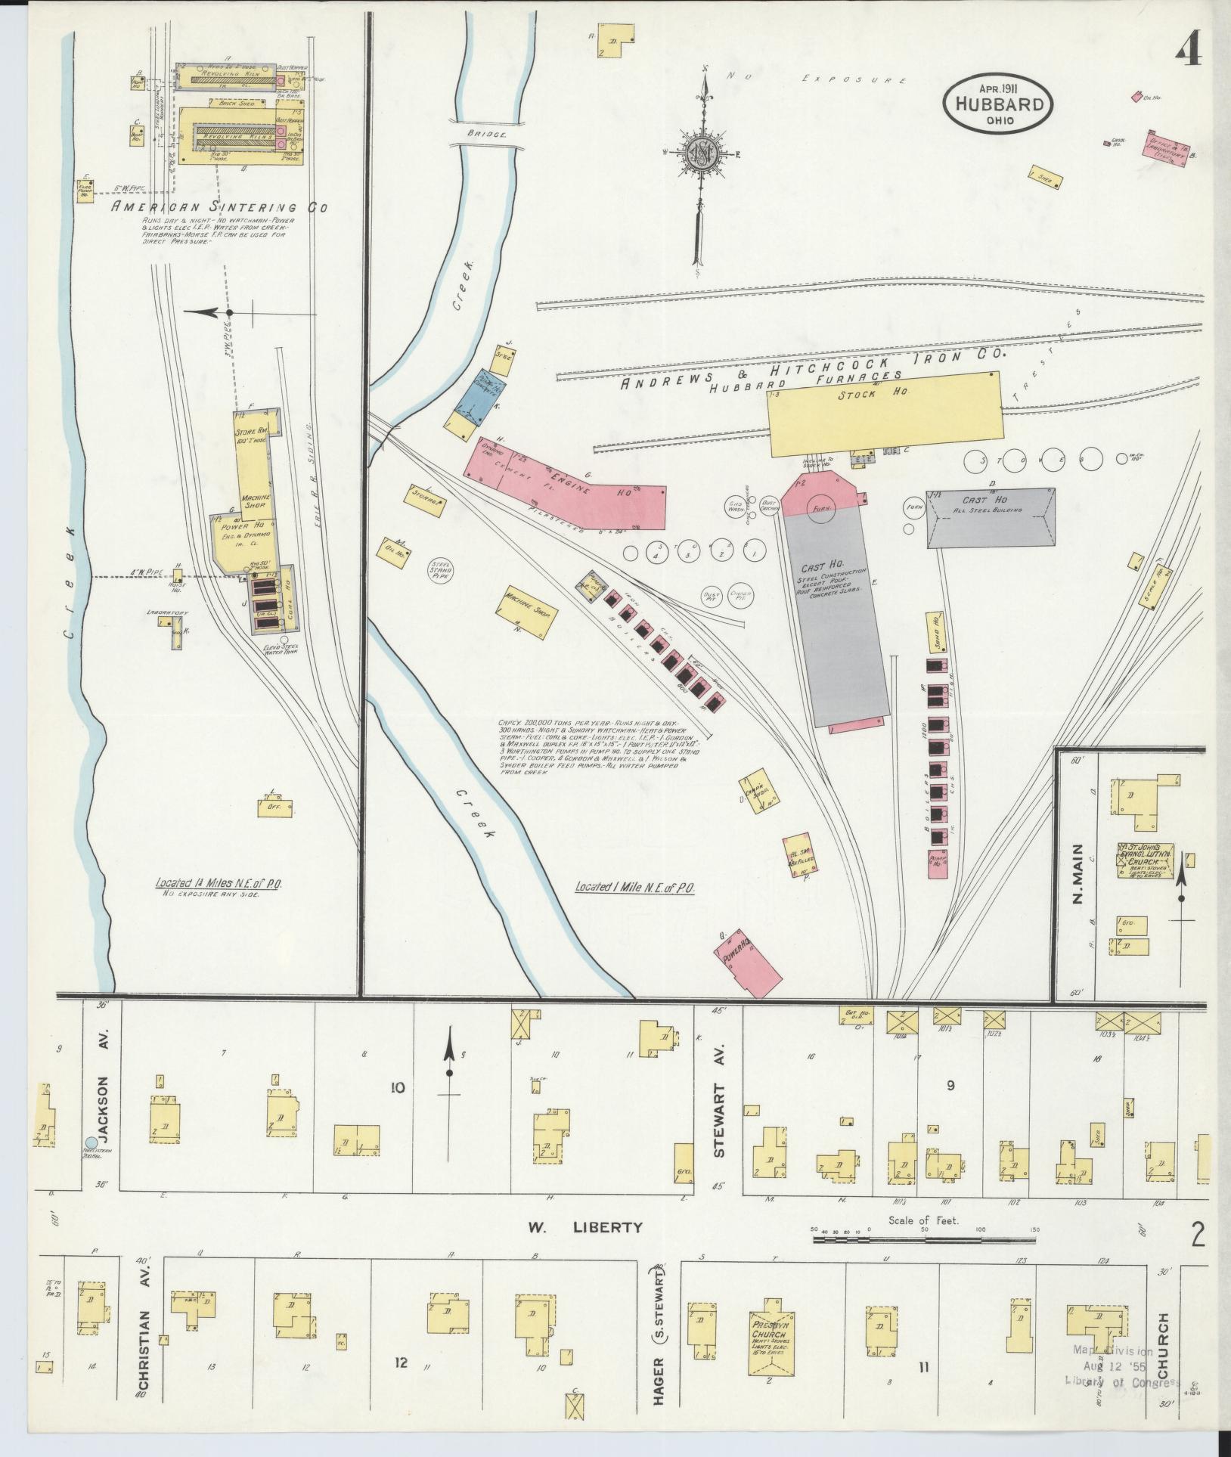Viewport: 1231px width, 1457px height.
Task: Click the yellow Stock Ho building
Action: pos(885,414)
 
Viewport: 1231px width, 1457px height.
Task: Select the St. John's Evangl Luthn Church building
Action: pos(1146,860)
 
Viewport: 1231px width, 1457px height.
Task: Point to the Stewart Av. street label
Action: pos(718,1136)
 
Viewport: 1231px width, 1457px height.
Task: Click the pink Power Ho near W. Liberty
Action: pos(748,963)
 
